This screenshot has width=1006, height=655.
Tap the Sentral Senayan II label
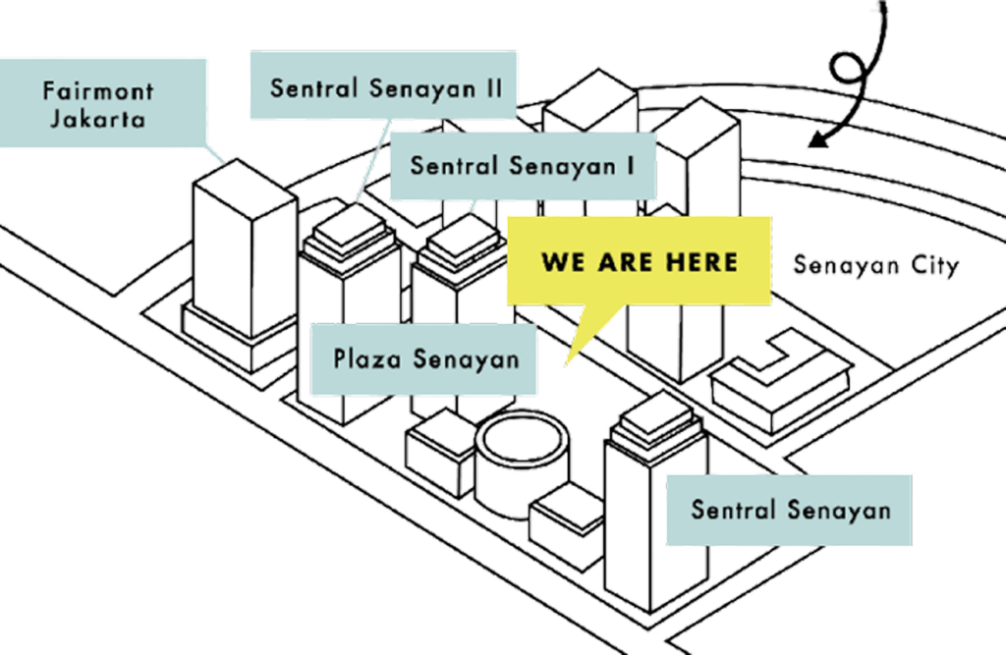(384, 85)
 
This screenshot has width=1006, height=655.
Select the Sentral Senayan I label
(523, 166)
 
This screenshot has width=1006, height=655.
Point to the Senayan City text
(876, 265)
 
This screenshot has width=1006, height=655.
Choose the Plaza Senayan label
(423, 359)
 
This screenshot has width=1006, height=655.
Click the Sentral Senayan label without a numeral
(789, 510)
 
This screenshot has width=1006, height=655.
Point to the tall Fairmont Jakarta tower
(244, 263)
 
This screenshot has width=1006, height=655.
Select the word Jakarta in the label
(97, 120)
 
